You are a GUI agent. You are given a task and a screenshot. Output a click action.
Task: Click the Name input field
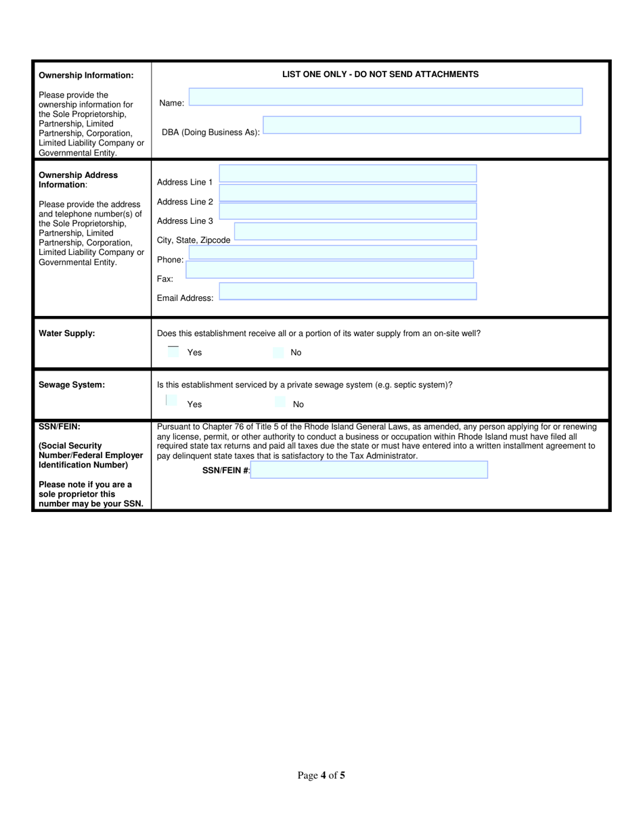[385, 97]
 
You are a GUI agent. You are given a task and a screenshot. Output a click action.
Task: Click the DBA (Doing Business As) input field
[421, 125]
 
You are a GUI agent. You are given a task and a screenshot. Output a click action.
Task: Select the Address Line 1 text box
[348, 174]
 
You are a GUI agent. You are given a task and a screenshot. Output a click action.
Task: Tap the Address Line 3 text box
[348, 212]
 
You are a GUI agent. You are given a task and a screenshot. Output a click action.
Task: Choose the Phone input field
[332, 252]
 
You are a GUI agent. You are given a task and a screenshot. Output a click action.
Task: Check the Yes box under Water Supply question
[173, 352]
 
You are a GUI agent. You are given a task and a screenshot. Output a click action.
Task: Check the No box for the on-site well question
[278, 352]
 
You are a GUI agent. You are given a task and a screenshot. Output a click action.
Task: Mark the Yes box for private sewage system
[171, 401]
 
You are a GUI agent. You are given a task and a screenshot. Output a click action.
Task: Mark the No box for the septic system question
[280, 403]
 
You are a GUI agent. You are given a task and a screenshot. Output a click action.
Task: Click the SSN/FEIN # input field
[368, 470]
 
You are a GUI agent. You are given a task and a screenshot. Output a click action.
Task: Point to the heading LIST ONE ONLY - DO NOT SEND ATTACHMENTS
[380, 74]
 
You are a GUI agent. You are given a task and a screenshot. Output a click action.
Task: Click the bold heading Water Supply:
[66, 333]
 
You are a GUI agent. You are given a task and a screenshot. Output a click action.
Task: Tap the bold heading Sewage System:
[71, 385]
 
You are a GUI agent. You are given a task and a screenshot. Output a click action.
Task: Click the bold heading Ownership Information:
[86, 75]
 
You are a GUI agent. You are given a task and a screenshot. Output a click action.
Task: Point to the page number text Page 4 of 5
[321, 775]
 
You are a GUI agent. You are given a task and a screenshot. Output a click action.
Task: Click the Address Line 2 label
[185, 202]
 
